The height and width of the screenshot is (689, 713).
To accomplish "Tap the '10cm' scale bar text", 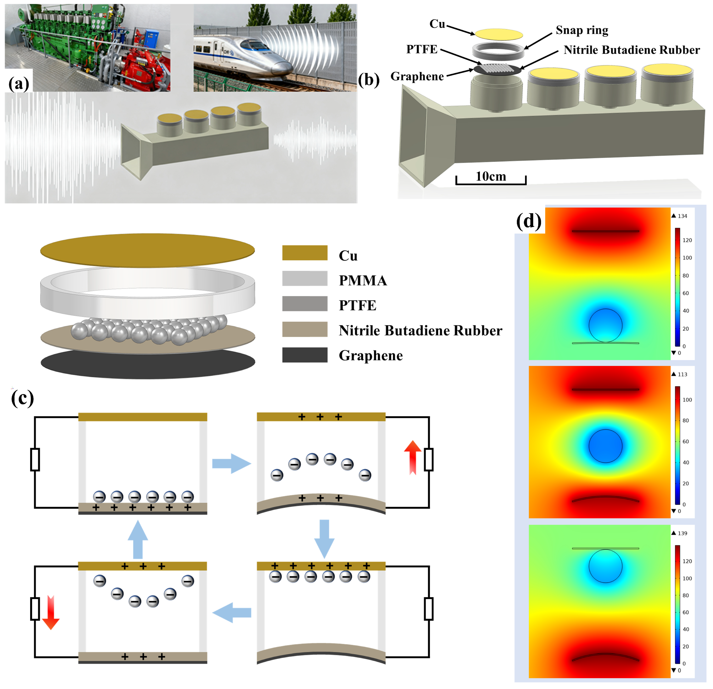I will [x=491, y=177].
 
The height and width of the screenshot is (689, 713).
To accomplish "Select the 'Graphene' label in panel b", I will [x=417, y=76].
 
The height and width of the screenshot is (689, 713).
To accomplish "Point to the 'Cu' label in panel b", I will [x=437, y=24].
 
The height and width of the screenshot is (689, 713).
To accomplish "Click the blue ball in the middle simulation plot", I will [x=605, y=446].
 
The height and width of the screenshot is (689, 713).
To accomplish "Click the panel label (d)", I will [x=529, y=221].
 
